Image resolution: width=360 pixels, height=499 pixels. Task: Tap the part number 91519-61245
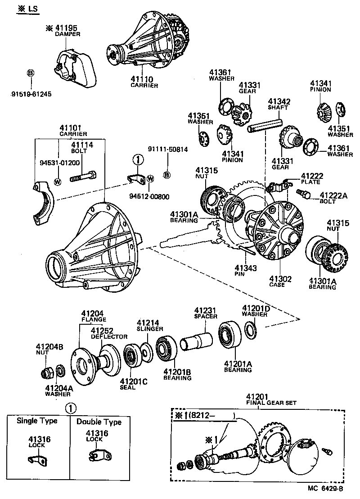point(31,94)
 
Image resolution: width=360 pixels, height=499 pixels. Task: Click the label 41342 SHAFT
point(279,104)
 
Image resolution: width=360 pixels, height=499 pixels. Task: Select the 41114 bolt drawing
point(83,177)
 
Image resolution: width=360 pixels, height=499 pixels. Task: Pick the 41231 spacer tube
point(196,339)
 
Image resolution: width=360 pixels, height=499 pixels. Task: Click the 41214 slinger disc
point(146,351)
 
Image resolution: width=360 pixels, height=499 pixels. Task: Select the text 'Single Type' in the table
point(37,421)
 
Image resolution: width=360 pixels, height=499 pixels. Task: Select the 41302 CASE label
point(280,281)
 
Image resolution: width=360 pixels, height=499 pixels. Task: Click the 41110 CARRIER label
point(144,82)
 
